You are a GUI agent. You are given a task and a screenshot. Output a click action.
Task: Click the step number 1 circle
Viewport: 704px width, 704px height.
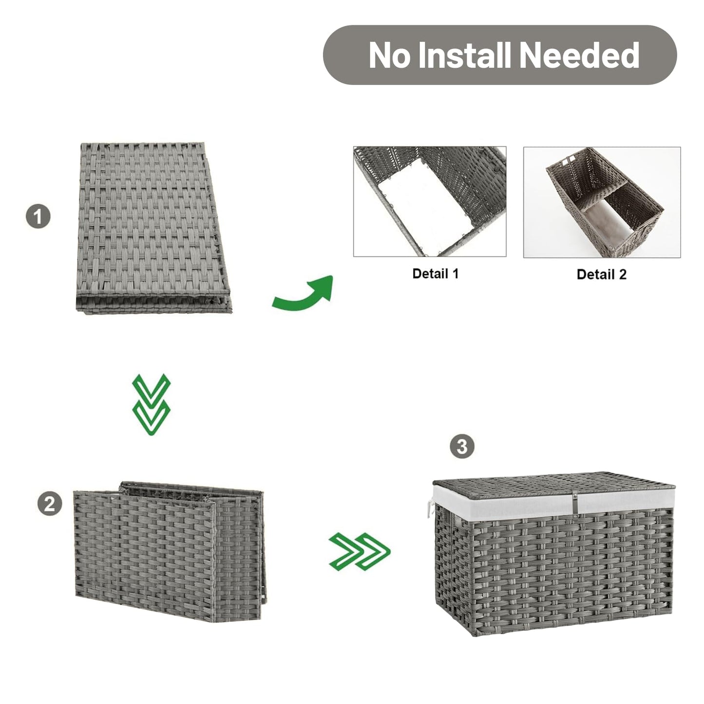click(x=38, y=216)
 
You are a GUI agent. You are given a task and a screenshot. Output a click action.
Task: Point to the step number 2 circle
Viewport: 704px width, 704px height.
click(x=50, y=504)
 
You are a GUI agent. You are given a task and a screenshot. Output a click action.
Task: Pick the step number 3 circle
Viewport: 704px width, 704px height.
click(x=462, y=446)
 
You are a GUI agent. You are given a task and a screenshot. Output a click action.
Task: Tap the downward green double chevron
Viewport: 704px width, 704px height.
click(x=151, y=404)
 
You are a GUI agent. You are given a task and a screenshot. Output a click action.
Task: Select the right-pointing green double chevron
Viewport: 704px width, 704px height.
click(x=360, y=552)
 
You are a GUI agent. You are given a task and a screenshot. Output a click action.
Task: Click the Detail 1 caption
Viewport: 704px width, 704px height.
click(x=435, y=274)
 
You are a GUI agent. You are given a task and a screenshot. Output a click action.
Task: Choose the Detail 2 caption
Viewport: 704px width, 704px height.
click(x=601, y=274)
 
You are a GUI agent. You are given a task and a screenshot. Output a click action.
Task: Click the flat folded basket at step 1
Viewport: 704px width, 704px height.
click(x=153, y=228)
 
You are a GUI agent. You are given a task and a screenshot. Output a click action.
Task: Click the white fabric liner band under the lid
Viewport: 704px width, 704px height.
click(x=553, y=500)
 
